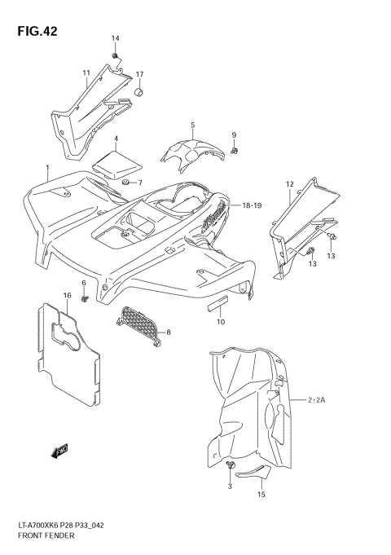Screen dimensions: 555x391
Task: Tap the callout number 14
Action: pyautogui.click(x=115, y=39)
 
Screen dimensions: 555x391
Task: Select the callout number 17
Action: pyautogui.click(x=139, y=75)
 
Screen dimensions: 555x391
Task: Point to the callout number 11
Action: pyautogui.click(x=86, y=73)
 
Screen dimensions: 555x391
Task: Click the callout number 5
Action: pyautogui.click(x=192, y=125)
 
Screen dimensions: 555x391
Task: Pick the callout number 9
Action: pyautogui.click(x=233, y=134)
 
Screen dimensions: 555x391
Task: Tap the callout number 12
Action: pyautogui.click(x=288, y=184)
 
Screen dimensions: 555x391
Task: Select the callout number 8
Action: pyautogui.click(x=169, y=332)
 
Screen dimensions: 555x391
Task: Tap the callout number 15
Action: pyautogui.click(x=260, y=494)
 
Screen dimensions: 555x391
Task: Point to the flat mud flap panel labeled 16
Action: pyautogui.click(x=67, y=350)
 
